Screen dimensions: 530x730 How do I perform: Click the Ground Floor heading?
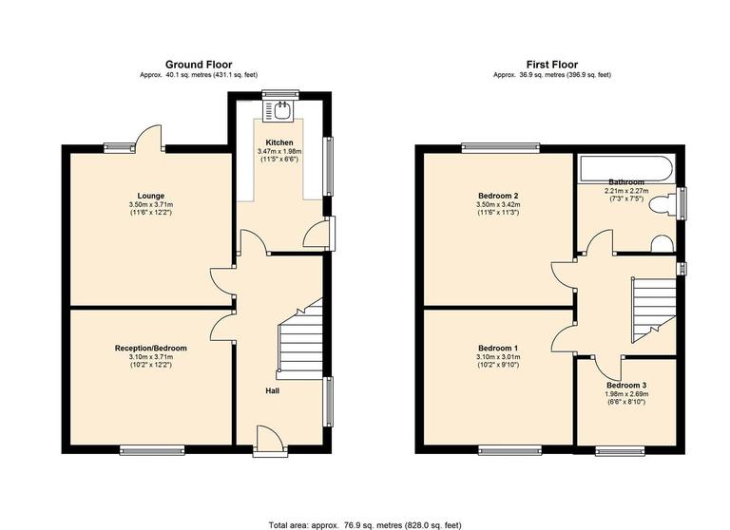click(199, 65)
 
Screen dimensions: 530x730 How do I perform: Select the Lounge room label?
click(151, 196)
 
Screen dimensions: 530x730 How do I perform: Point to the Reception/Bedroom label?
click(151, 349)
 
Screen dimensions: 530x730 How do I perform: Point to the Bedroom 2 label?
click(497, 196)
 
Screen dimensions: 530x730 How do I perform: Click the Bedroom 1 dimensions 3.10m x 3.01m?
click(497, 358)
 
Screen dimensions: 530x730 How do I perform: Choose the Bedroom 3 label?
click(627, 384)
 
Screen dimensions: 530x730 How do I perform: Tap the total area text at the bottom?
click(365, 523)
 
